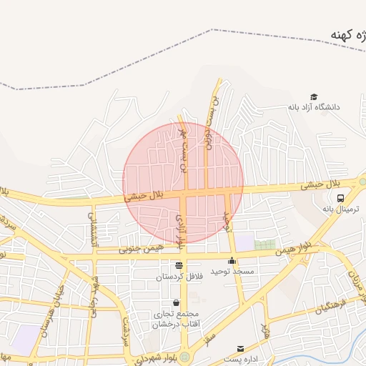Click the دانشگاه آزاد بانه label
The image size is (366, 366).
[314, 107]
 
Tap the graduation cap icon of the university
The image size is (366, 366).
[314, 97]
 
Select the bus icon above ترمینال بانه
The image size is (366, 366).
[341, 197]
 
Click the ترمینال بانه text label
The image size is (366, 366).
[339, 209]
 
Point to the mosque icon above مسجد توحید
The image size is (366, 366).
[232, 260]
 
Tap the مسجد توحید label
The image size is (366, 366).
[232, 272]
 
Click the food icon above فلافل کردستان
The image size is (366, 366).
[179, 265]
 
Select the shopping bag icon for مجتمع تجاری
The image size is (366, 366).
[177, 302]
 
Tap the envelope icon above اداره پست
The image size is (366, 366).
[240, 348]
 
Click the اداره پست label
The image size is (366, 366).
[240, 359]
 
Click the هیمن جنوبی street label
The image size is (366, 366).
[142, 249]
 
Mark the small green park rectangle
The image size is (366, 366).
[264, 244]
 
